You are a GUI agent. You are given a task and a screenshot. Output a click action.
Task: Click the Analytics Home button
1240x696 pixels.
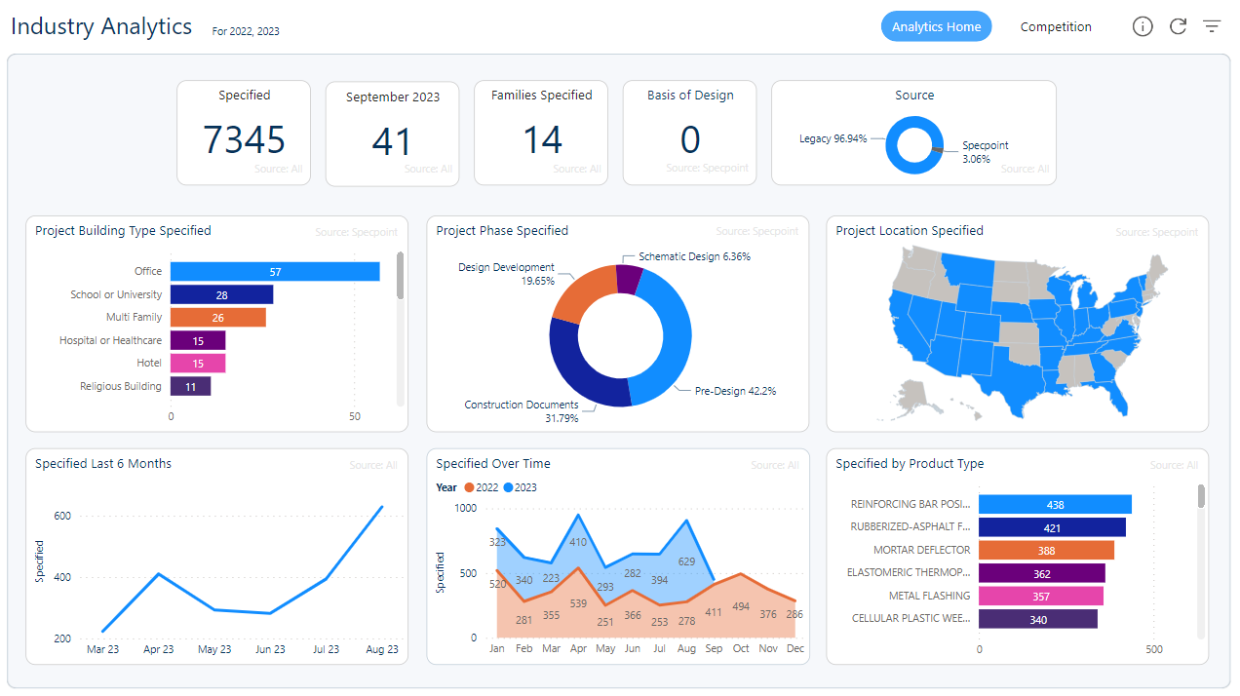936,27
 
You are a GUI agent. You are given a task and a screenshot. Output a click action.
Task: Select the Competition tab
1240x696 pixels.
1056,27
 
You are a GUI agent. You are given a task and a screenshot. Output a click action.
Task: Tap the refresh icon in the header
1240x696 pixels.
1178,27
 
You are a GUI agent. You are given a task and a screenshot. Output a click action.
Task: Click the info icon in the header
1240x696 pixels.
1143,27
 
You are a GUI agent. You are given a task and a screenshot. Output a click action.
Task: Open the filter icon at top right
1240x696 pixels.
1212,27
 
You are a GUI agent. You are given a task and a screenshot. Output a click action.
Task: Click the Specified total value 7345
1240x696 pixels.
244,140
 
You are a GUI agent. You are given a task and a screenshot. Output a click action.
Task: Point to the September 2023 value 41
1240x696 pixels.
392,142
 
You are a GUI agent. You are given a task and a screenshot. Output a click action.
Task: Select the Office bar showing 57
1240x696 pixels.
275,272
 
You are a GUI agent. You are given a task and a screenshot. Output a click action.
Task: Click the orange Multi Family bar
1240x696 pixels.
217,318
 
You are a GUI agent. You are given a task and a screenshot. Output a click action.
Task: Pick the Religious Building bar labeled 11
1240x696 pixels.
190,387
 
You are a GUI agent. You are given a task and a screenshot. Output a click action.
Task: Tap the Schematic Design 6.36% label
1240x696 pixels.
694,257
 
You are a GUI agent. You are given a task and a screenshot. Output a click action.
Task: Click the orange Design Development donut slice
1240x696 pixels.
582,292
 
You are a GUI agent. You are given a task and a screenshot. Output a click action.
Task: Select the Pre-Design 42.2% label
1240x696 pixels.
735,392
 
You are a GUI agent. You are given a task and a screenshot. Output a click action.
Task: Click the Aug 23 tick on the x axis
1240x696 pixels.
381,649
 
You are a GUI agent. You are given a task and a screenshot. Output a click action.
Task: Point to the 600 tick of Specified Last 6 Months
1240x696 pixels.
61,517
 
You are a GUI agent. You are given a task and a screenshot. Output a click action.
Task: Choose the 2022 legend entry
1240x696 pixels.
482,487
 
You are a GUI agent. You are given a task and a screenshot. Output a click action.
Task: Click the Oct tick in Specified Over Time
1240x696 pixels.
741,649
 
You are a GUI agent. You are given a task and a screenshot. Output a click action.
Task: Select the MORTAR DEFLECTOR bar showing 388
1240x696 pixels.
1046,551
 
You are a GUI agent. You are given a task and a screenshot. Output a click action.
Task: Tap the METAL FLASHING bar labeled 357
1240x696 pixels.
1041,597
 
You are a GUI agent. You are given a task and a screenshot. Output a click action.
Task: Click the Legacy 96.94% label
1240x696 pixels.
833,139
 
